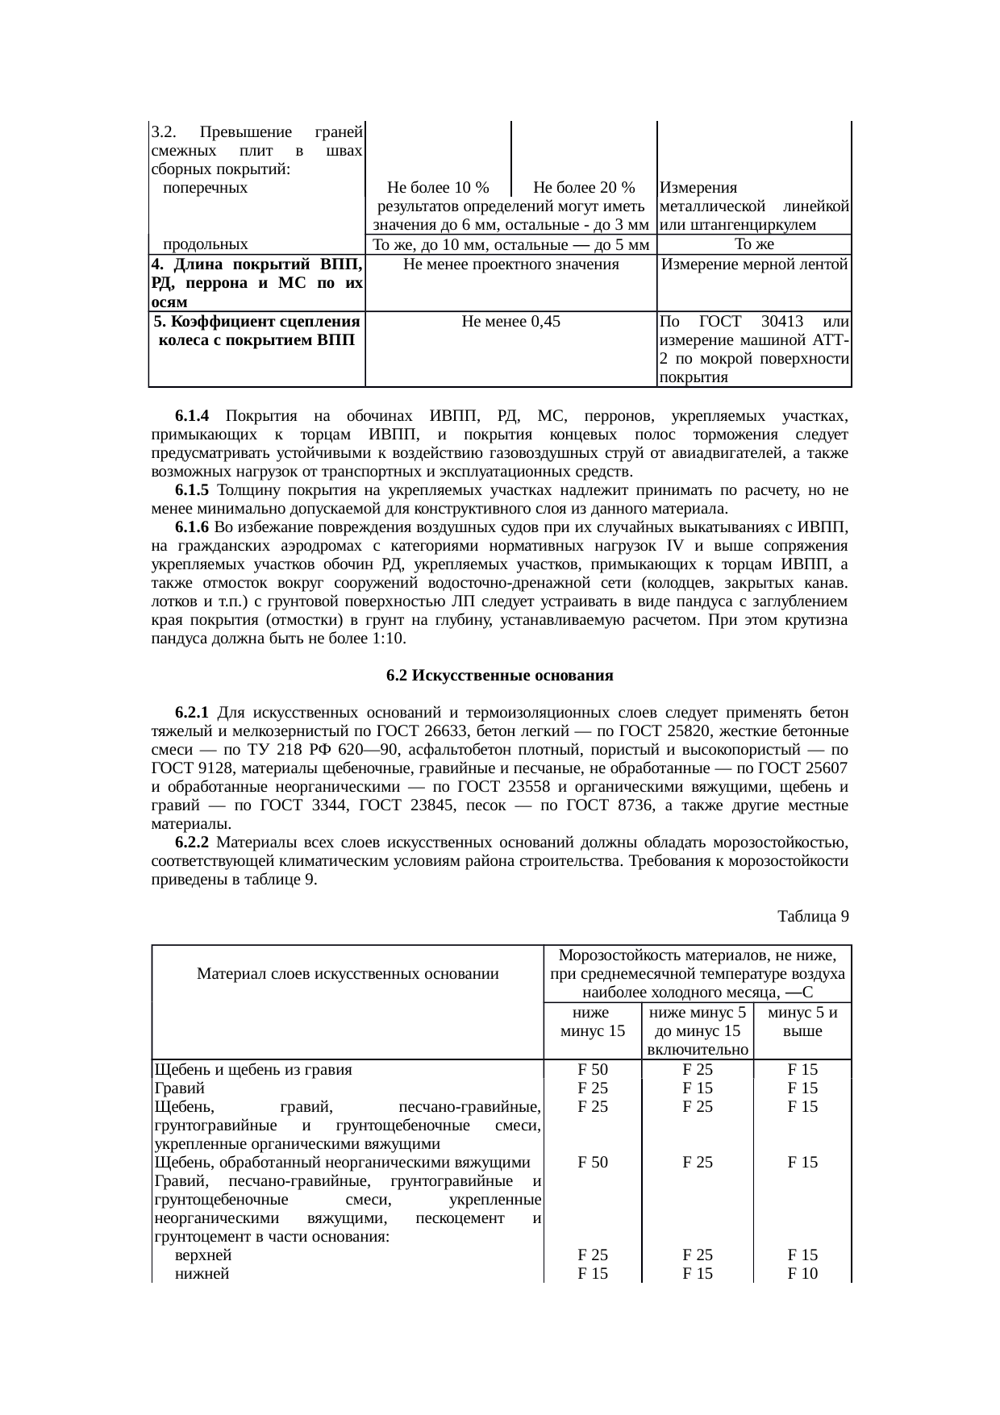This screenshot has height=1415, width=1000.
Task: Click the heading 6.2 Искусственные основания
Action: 499,676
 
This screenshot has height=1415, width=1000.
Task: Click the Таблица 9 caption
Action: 812,917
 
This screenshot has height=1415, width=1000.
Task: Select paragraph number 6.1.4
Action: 191,416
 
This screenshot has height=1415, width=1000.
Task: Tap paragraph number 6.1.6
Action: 191,527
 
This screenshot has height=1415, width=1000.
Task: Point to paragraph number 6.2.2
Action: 191,843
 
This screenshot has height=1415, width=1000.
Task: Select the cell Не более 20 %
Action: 584,189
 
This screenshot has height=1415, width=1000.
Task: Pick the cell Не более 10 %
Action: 438,189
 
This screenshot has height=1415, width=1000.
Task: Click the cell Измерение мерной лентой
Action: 754,264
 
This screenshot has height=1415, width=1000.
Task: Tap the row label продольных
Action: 205,244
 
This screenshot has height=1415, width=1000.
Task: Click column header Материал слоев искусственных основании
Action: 348,973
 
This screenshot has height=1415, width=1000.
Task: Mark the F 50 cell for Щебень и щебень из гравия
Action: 593,1070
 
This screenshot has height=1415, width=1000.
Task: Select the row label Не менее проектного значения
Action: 510,264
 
